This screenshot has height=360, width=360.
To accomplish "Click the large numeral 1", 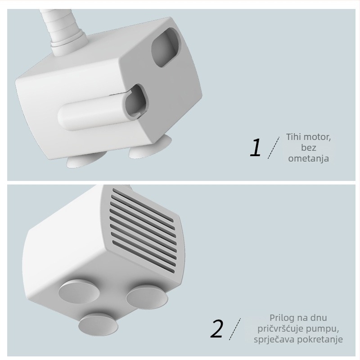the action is pos(255,148).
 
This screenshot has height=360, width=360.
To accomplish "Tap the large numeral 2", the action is pos(216,328).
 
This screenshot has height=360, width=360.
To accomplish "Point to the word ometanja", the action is pos(309,158).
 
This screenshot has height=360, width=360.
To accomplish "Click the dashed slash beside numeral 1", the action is pos(273,148).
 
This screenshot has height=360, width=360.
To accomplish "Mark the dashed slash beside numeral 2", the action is pos(234,329).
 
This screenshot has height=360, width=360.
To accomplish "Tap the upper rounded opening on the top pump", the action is pos(165,47).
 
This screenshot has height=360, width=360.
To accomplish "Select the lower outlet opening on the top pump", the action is pos(136,102).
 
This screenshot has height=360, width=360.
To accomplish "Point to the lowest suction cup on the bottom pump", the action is pos(98,324).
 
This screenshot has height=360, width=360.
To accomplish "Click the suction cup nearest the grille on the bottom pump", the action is pos(147,297).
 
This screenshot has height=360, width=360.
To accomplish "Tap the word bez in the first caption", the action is pos(309,148).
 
